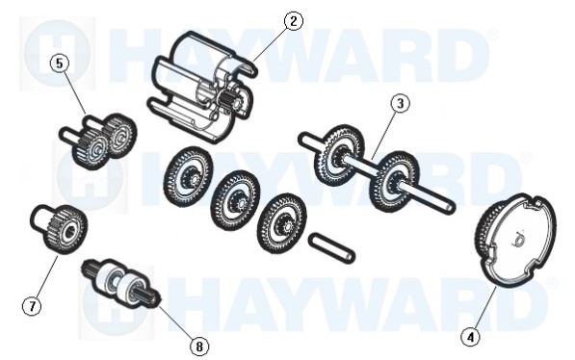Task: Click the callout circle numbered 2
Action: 294,21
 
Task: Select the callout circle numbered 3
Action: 400,104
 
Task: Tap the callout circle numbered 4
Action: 471,336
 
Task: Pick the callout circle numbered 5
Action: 60,64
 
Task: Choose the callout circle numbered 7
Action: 33,306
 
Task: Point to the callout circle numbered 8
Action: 199,346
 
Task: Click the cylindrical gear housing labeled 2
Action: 202,88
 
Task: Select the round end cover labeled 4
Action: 515,239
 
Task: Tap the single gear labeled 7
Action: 59,228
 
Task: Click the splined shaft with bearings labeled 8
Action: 121,282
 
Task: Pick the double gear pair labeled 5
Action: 98,140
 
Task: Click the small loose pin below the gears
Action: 332,247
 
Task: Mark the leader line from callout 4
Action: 484,307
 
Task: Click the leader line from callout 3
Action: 384,136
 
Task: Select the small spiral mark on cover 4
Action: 518,239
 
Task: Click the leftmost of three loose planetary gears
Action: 189,176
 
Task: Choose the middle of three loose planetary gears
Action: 235,200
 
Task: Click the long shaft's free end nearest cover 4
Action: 451,209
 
